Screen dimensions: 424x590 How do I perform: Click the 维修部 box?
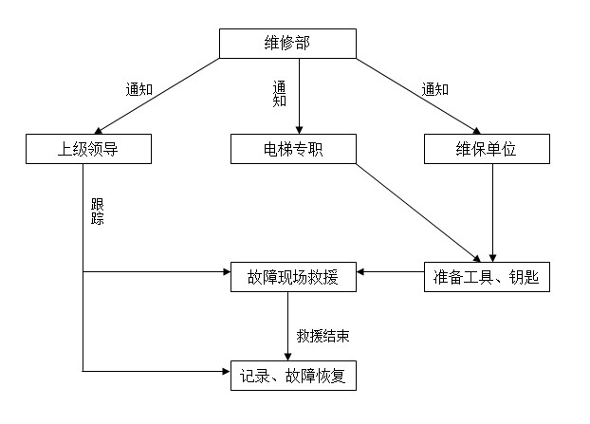(288, 43)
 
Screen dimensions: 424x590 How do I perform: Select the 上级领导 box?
(89, 149)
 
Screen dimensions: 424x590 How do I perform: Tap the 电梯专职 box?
(293, 149)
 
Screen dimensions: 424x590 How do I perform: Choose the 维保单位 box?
(486, 149)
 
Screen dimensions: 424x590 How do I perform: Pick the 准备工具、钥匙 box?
(486, 277)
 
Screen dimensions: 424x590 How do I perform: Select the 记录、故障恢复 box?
(293, 376)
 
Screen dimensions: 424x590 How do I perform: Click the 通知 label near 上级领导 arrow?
(139, 90)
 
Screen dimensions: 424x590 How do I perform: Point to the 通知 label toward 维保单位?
(435, 90)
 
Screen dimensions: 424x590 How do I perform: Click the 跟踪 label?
(98, 212)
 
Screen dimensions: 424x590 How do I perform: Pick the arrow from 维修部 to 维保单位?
(417, 95)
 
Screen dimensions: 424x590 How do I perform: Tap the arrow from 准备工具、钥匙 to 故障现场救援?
(390, 273)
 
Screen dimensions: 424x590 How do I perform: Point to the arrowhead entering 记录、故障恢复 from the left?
(224, 369)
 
